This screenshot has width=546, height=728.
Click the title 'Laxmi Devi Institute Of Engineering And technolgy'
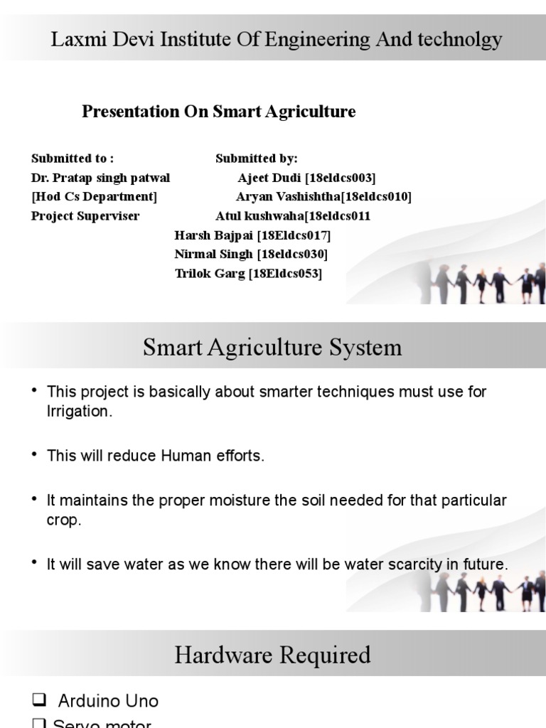[277, 40]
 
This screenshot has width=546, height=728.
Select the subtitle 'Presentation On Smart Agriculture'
[219, 112]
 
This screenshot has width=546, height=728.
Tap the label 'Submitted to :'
[73, 158]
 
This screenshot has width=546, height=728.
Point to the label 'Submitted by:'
[257, 158]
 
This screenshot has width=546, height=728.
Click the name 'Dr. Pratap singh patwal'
[101, 177]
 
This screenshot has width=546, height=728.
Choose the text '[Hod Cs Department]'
[95, 196]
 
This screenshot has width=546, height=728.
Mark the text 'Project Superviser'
[85, 215]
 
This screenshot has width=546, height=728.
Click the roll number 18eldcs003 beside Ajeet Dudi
[340, 177]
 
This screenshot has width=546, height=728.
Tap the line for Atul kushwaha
[293, 215]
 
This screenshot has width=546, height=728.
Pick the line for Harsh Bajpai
[252, 235]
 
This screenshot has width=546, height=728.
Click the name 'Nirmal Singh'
[214, 254]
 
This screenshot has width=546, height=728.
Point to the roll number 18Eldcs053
[285, 273]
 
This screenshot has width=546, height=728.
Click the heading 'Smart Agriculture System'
[272, 348]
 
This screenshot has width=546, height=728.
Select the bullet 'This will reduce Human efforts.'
[155, 456]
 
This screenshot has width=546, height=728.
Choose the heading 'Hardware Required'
[272, 655]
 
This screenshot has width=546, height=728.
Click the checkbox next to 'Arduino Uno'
[40, 701]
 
